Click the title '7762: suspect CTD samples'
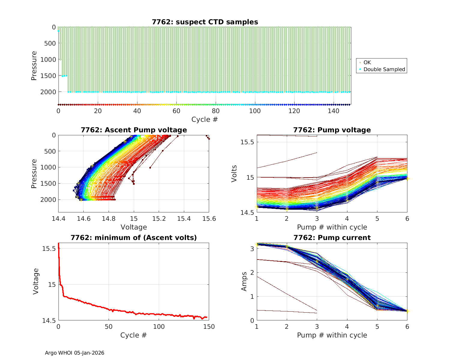(205, 22)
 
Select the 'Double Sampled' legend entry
(384, 69)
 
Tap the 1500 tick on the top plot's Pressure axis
(48, 76)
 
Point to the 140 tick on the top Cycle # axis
(334, 111)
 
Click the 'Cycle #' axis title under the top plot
(205, 119)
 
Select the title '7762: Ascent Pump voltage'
(134, 130)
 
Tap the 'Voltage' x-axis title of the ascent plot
(134, 227)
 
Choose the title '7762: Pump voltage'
(332, 130)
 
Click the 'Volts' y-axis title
(234, 174)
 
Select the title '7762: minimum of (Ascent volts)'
(134, 238)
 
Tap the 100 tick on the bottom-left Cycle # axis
(159, 327)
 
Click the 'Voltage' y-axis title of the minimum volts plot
(36, 281)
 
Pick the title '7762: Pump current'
(332, 238)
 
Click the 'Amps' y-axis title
(244, 281)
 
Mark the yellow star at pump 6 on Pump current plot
(407, 311)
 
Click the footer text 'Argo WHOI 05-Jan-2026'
(74, 353)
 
